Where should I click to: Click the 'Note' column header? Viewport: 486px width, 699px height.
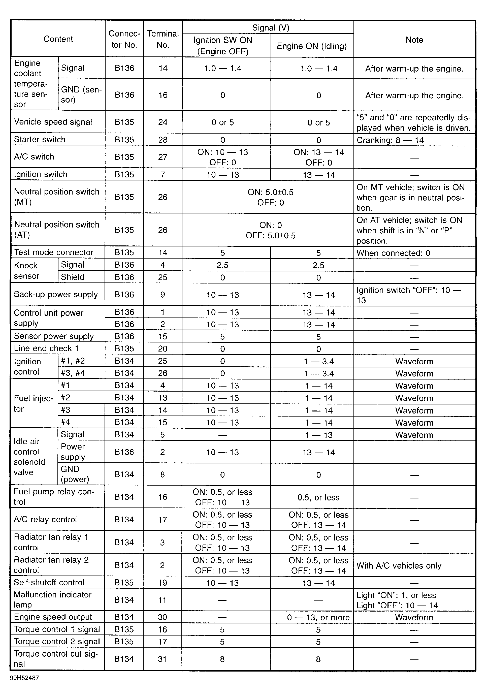pyautogui.click(x=414, y=40)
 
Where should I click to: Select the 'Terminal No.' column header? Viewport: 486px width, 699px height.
pyautogui.click(x=163, y=39)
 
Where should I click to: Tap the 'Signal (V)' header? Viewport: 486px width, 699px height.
pyautogui.click(x=271, y=28)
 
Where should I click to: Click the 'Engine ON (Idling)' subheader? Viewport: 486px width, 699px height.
pyautogui.click(x=312, y=46)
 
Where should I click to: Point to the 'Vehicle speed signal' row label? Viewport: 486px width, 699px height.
pyautogui.click(x=53, y=122)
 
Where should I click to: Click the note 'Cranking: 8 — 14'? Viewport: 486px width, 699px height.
pyautogui.click(x=390, y=140)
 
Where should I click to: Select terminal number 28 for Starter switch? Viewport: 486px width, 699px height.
pyautogui.click(x=163, y=140)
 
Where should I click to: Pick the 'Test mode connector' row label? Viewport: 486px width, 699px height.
pyautogui.click(x=54, y=252)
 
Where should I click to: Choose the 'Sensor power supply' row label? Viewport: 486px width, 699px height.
pyautogui.click(x=54, y=336)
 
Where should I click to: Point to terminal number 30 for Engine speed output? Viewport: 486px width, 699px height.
pyautogui.click(x=163, y=617)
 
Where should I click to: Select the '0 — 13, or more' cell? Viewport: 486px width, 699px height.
pyautogui.click(x=318, y=617)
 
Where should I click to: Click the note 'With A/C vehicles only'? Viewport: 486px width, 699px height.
pyautogui.click(x=399, y=566)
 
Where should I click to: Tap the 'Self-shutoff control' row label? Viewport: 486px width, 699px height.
pyautogui.click(x=49, y=582)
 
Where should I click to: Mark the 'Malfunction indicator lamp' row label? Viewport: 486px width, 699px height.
pyautogui.click(x=52, y=599)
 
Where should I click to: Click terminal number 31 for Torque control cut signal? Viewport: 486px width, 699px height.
pyautogui.click(x=162, y=659)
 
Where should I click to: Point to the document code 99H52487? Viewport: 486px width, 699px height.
pyautogui.click(x=24, y=678)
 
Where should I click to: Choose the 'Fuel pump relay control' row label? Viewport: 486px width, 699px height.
pyautogui.click(x=54, y=497)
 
